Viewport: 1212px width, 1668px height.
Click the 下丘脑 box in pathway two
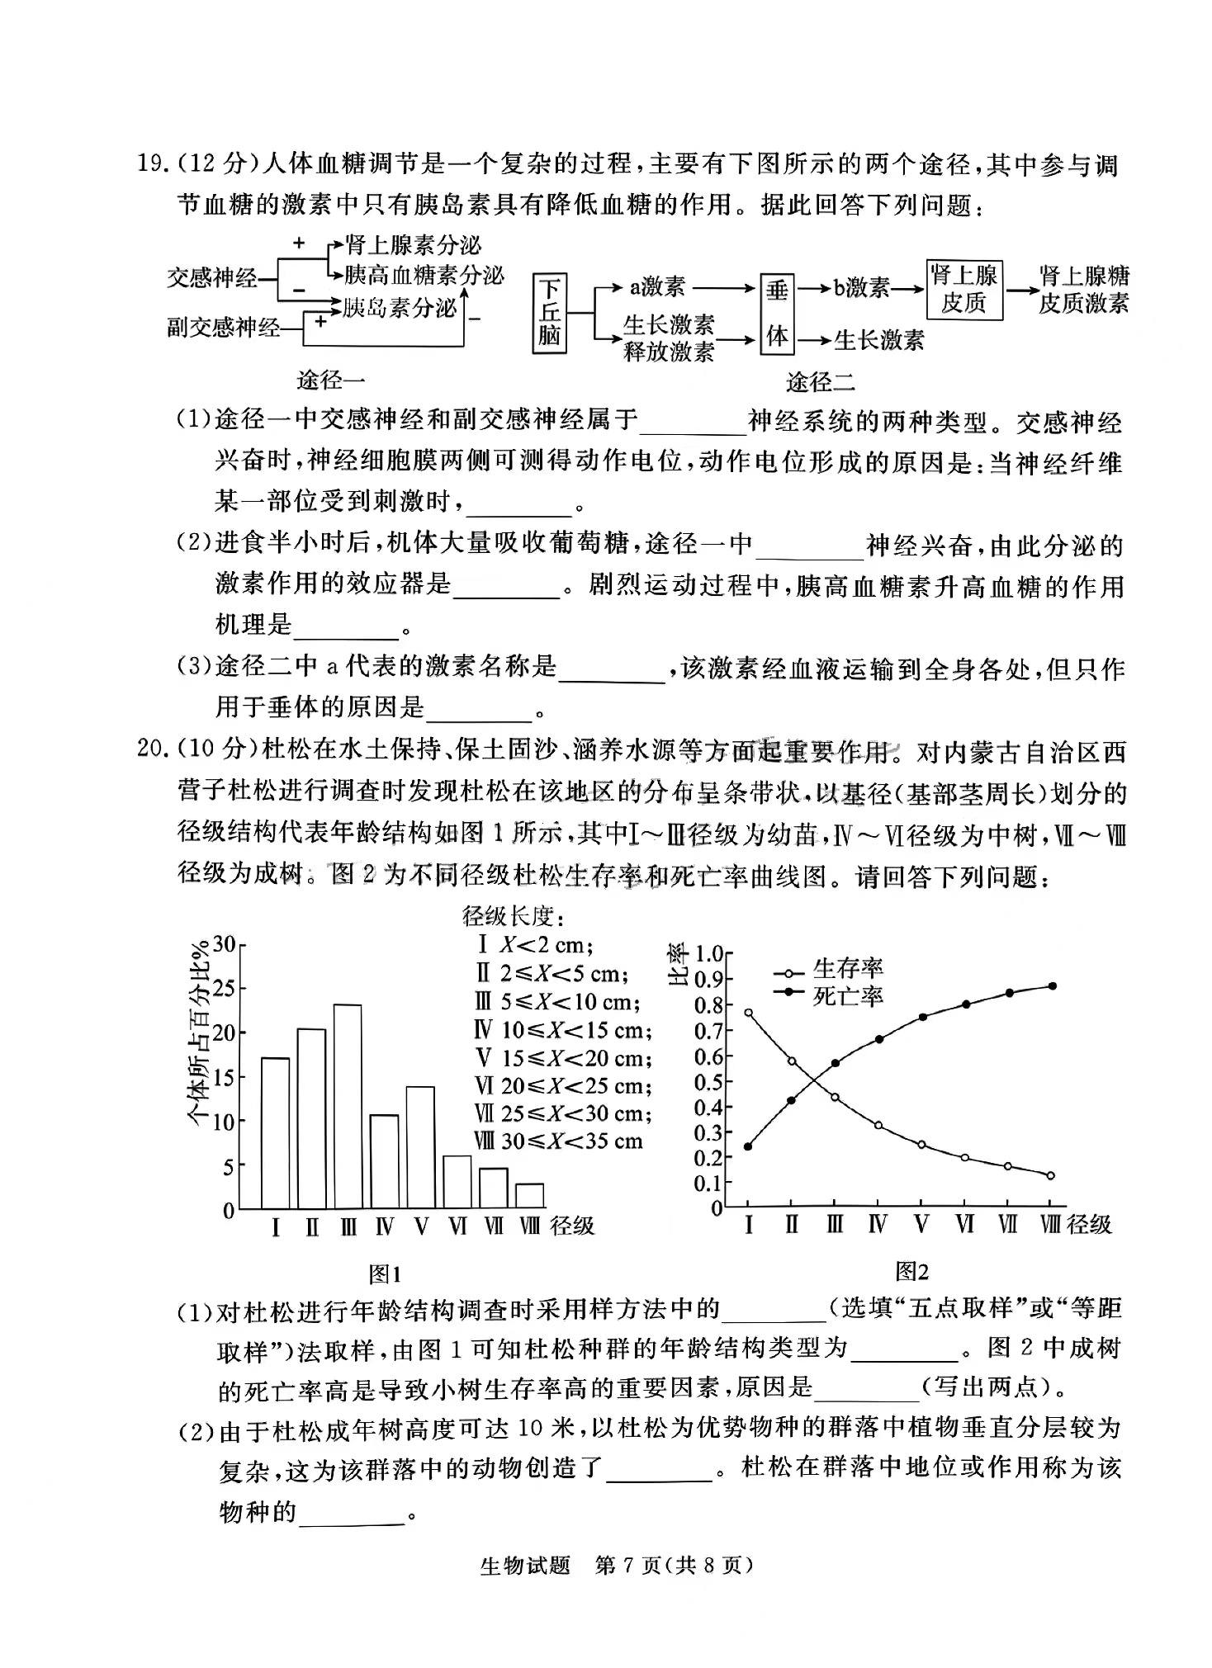click(550, 313)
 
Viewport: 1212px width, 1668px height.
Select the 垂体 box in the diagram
click(776, 314)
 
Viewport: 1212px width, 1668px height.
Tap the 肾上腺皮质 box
click(963, 290)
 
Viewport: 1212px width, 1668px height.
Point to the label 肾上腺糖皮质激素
click(1082, 290)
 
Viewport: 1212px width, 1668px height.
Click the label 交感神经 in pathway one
click(212, 278)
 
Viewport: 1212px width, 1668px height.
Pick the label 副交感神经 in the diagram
click(224, 328)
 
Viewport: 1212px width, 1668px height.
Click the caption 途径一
click(330, 380)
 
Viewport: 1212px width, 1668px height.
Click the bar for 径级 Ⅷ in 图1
click(530, 1196)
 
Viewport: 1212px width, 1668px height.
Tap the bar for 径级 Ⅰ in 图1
click(275, 1133)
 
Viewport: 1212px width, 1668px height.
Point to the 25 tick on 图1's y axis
click(224, 988)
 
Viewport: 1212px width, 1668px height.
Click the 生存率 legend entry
click(830, 970)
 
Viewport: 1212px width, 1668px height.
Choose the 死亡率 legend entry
click(830, 996)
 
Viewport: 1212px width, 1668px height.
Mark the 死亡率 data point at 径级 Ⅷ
click(1052, 986)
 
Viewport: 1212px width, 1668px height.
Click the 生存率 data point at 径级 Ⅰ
click(748, 1013)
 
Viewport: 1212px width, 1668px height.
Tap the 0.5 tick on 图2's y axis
click(708, 1082)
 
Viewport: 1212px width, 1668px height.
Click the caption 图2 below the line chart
click(911, 1272)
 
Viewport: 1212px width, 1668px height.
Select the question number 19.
click(154, 163)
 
